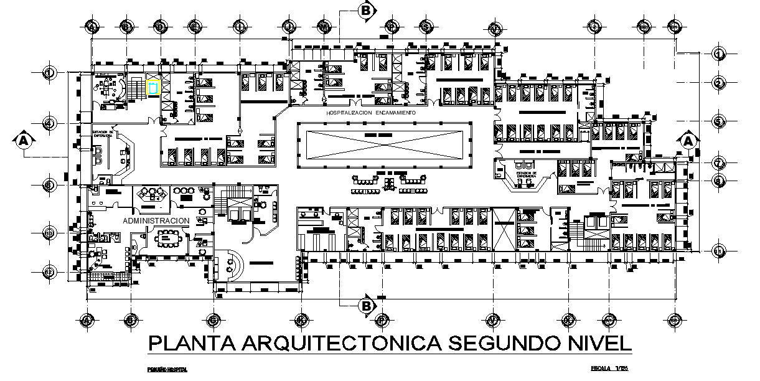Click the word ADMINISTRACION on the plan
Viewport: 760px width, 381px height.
pyautogui.click(x=156, y=221)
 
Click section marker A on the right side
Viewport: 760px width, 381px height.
pyautogui.click(x=688, y=141)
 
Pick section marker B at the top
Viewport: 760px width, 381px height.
pyautogui.click(x=367, y=10)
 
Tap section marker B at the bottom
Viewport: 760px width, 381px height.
pyautogui.click(x=367, y=305)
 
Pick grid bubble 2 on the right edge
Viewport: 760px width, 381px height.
pyautogui.click(x=719, y=83)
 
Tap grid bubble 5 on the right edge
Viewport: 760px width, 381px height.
pyautogui.click(x=719, y=121)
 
